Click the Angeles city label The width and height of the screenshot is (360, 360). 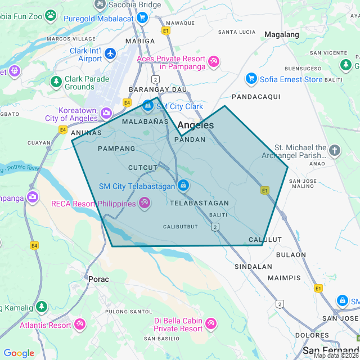coord(195,125)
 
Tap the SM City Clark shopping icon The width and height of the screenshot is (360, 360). coord(147,105)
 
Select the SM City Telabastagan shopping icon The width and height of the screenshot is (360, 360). coord(183,185)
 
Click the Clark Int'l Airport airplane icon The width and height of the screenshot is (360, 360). coord(110,53)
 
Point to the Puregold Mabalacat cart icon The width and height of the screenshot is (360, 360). coord(142,17)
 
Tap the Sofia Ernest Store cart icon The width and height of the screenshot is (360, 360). coord(251,78)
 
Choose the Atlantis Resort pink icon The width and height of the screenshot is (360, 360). coord(80,325)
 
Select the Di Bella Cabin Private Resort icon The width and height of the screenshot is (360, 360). coord(211,324)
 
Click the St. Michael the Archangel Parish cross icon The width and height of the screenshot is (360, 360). coord(335,150)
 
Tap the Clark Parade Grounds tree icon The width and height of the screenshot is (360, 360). coord(56,82)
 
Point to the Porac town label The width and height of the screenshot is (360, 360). coord(98,278)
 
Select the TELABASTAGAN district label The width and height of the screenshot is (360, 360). coord(199,203)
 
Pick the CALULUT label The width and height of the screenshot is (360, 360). coord(264,240)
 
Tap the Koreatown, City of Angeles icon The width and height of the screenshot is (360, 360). coord(106,114)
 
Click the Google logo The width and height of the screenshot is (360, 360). coord(19,353)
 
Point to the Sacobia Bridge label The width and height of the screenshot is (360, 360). coord(135,4)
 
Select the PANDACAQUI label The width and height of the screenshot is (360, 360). coord(256,97)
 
